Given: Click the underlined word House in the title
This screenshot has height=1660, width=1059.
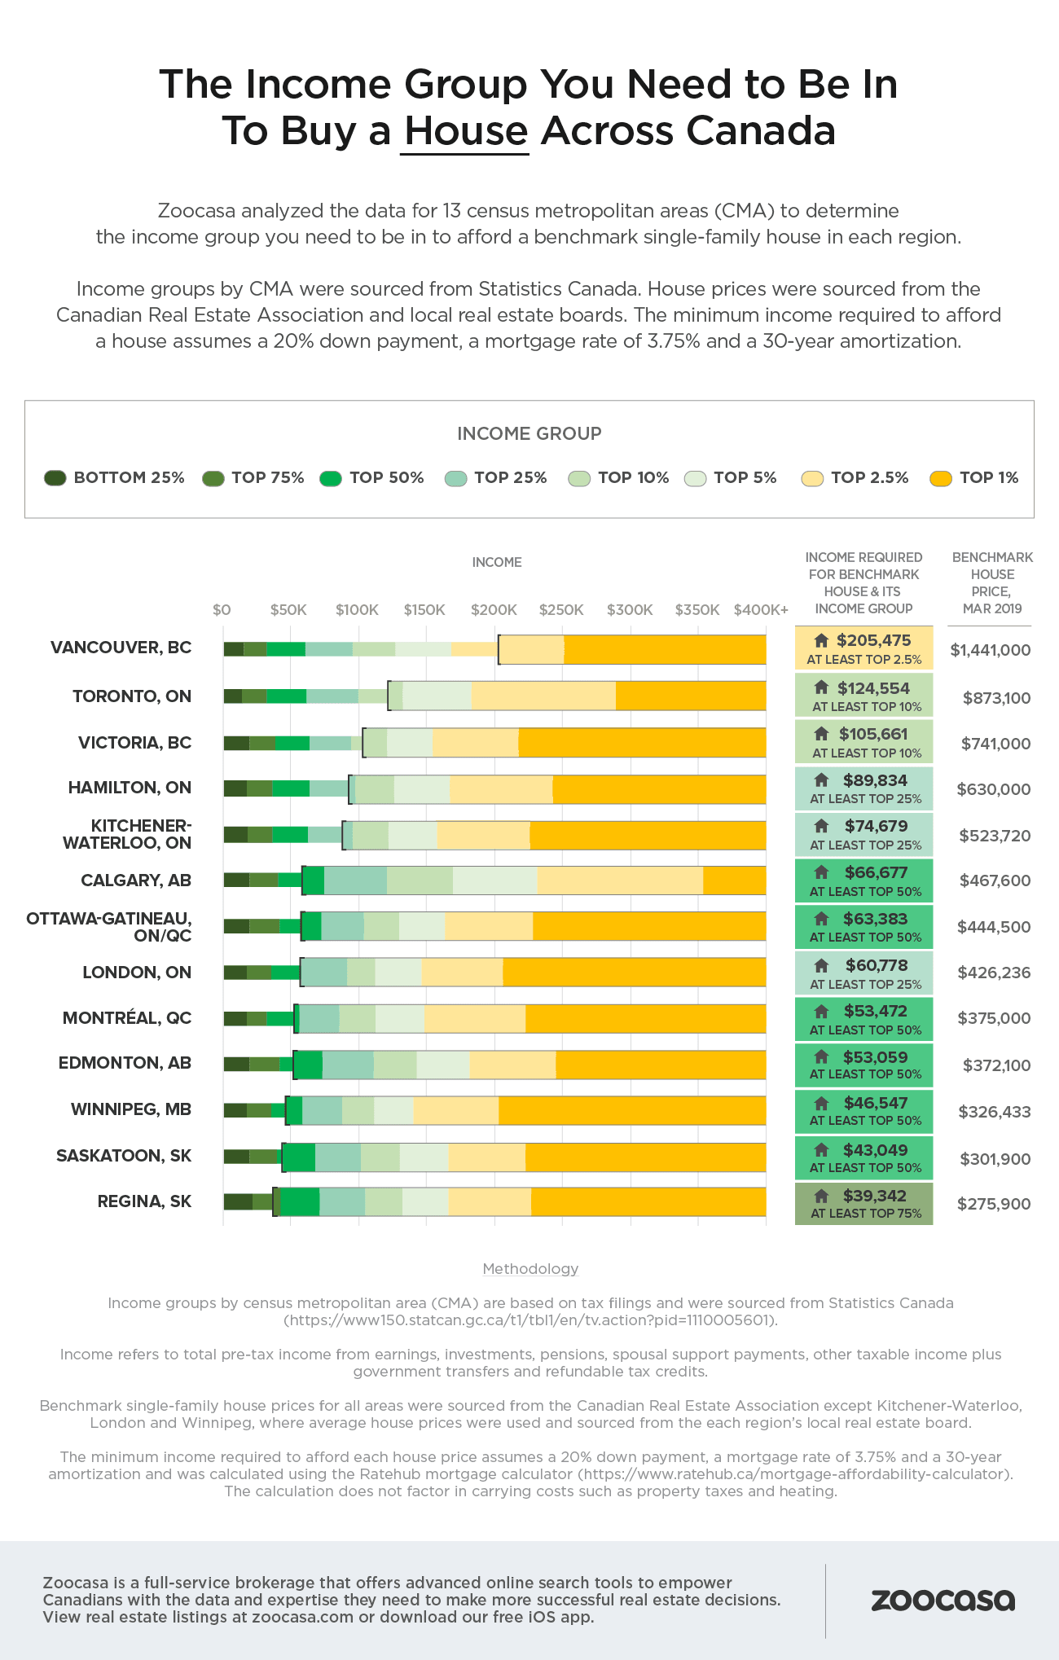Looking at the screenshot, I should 466,131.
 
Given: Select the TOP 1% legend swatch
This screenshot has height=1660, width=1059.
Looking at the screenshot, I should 941,479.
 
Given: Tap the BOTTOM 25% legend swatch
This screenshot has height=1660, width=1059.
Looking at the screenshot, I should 55,478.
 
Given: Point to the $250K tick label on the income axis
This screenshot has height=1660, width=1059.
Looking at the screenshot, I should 561,610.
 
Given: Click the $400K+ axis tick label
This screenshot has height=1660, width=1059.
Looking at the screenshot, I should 761,610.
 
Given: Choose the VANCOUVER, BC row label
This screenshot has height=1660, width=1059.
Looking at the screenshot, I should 121,648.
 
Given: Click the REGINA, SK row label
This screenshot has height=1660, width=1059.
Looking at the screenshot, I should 144,1201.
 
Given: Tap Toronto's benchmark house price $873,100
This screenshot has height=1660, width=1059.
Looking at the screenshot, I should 996,698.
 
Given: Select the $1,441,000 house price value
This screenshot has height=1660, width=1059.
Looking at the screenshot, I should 990,650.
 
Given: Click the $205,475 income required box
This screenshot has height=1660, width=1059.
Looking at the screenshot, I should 864,648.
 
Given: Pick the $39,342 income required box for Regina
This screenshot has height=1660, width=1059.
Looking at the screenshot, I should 864,1203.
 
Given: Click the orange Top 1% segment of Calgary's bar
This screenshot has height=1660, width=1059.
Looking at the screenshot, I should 734,881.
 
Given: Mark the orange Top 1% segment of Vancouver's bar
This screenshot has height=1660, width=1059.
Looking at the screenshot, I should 664,649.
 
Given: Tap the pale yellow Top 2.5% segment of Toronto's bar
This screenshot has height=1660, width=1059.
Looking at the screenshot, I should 543,696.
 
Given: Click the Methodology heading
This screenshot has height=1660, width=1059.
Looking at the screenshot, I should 530,1269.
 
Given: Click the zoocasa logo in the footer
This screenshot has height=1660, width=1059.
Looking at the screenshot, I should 943,1600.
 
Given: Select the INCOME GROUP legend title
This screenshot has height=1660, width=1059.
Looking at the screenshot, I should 529,433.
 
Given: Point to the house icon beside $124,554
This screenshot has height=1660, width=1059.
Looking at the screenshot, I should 821,687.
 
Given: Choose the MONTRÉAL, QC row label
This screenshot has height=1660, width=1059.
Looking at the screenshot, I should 127,1018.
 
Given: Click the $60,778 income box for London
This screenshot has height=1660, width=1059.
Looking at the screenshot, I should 864,973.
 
